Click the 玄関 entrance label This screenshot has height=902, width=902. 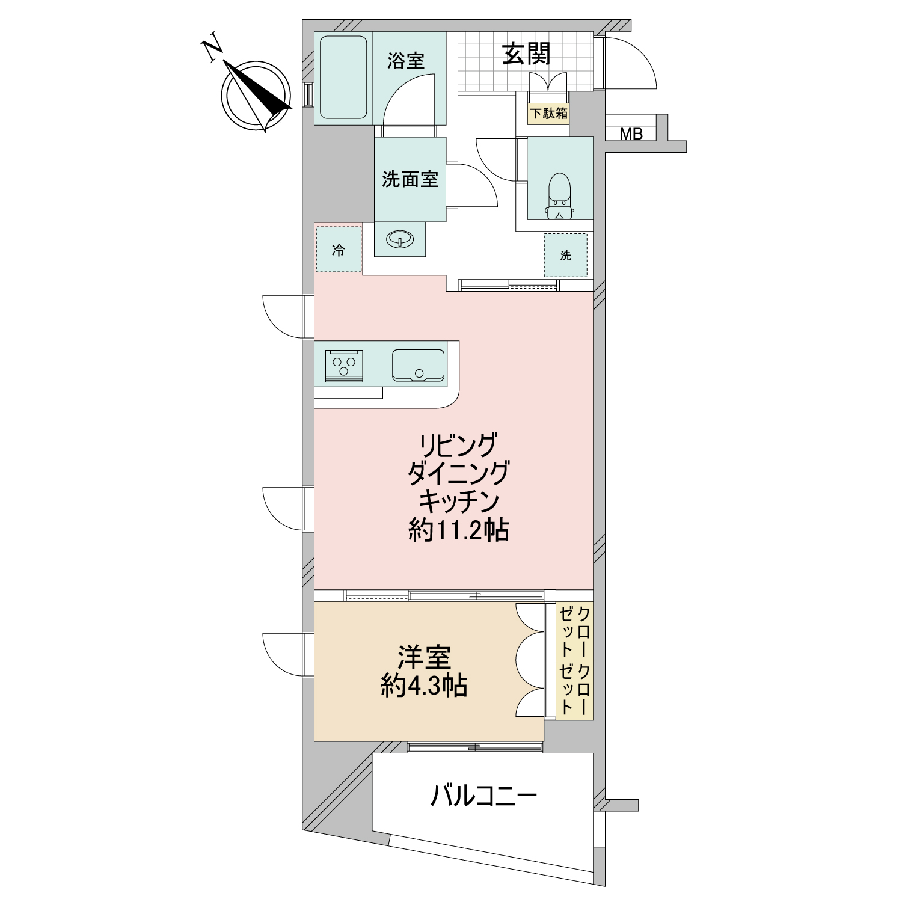(x=527, y=55)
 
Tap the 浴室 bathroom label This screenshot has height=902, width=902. (x=406, y=61)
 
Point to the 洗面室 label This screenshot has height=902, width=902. (x=410, y=179)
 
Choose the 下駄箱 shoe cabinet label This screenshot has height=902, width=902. (x=548, y=113)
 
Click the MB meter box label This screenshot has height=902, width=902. (x=631, y=133)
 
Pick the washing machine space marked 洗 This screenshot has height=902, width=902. (x=565, y=255)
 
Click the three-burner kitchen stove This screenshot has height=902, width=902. (x=344, y=365)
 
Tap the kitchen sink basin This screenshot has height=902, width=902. (x=419, y=365)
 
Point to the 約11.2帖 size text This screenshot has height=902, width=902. (x=458, y=530)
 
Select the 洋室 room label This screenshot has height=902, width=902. (x=424, y=658)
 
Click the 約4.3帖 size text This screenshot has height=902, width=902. (x=424, y=686)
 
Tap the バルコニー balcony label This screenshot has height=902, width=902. (x=483, y=797)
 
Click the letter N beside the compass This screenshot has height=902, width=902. (x=212, y=51)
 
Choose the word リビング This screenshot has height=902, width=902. (x=459, y=446)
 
